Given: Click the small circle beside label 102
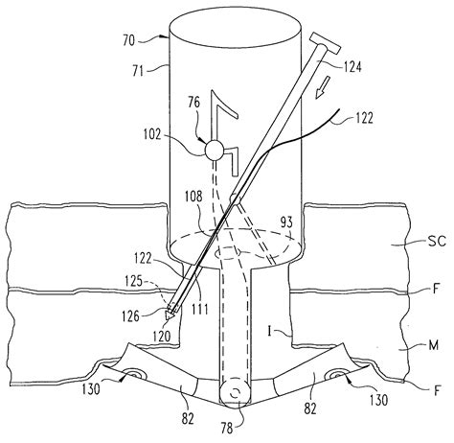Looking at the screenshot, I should point(214,150).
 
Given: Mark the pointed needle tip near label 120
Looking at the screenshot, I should point(170,317).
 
